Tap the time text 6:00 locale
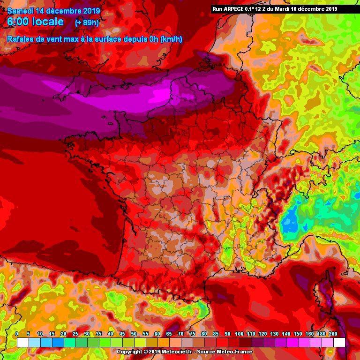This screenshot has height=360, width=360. coord(36,22)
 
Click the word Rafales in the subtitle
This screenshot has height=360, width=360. coord(20,39)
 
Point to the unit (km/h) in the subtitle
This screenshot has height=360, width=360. coord(171,39)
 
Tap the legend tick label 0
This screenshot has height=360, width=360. coord(17,334)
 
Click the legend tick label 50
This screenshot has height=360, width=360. coord(134,334)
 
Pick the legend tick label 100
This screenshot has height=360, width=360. coord(239,334)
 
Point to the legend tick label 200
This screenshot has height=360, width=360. coord(333,334)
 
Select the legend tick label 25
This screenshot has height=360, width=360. coord(75,334)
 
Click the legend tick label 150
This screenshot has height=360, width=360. coord(298,334)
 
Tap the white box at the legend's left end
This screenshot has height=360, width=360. coord(22,342)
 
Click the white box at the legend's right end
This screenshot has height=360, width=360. coord(339,342)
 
